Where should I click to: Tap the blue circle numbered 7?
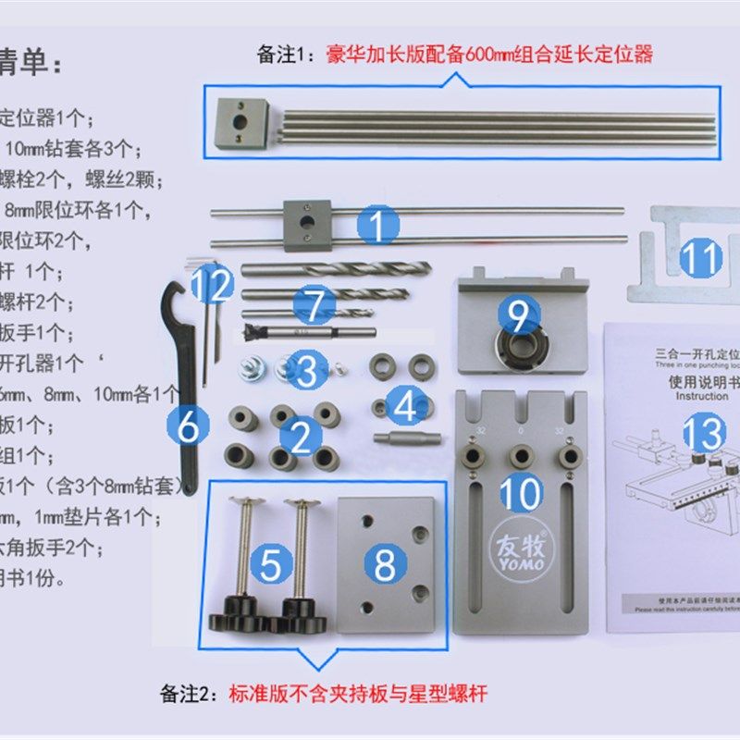click(316, 304)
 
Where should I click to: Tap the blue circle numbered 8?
click(385, 564)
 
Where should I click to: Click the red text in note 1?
click(488, 54)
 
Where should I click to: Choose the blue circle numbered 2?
click(300, 438)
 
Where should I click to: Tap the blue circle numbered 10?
click(520, 493)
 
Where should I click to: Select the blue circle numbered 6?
click(188, 426)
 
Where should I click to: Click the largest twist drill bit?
click(335, 270)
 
